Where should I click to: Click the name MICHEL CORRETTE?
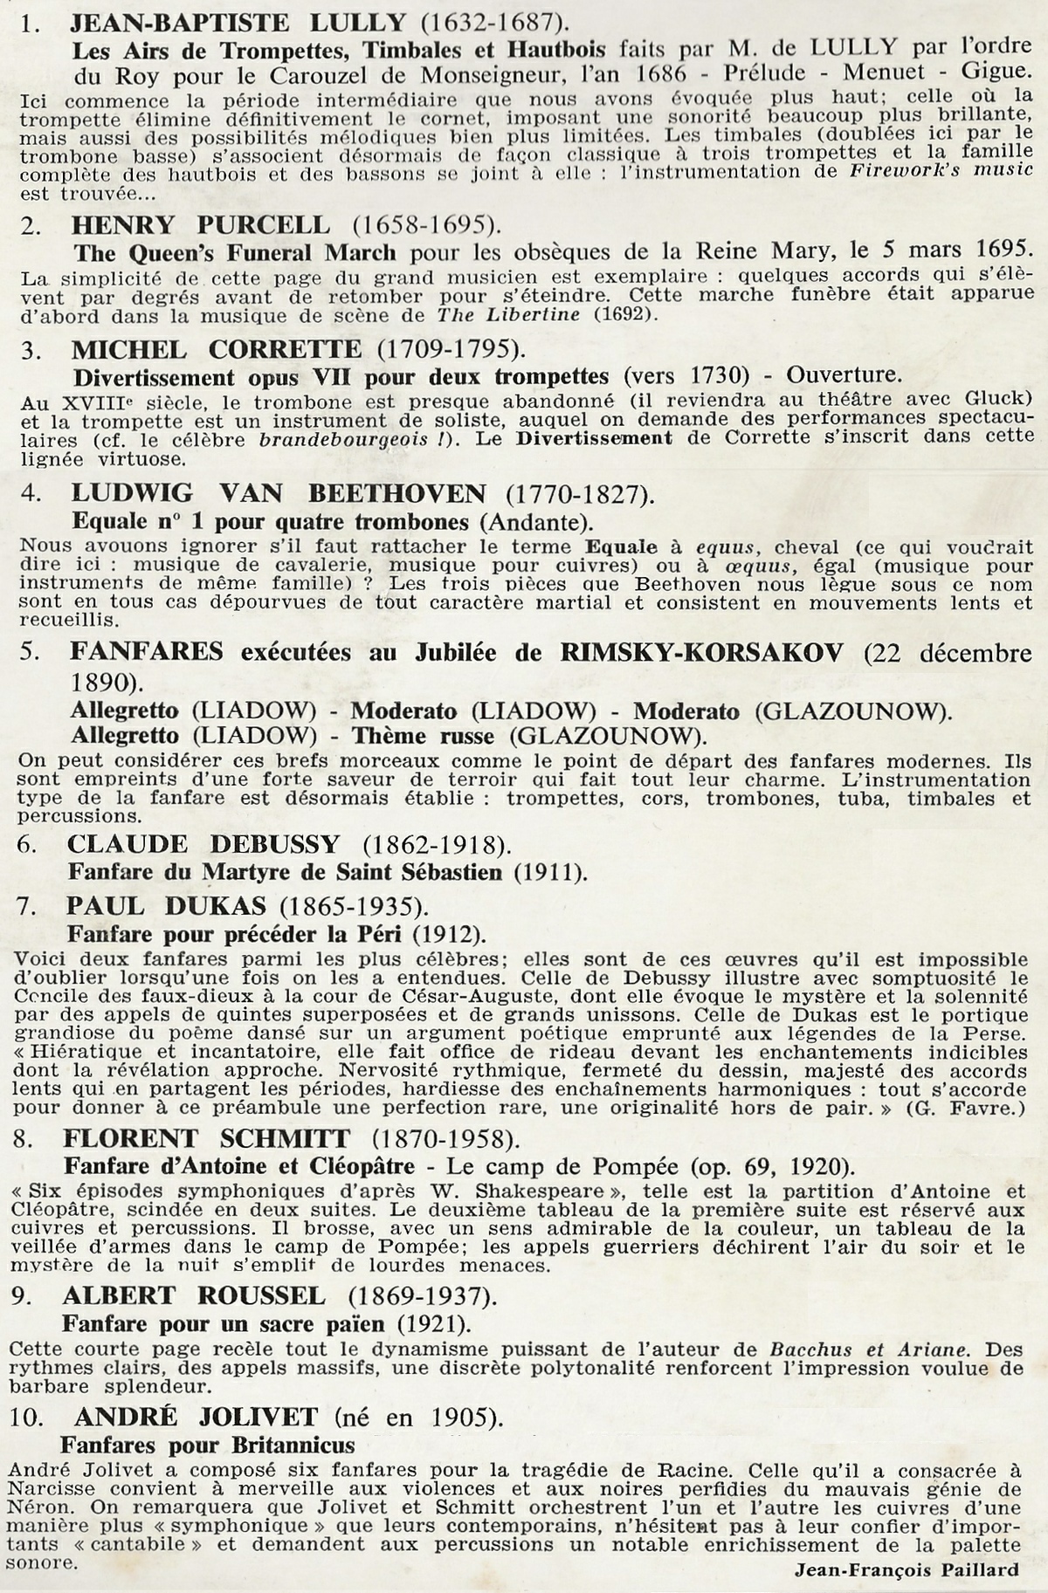(x=216, y=350)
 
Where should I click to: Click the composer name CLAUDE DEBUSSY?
(x=203, y=844)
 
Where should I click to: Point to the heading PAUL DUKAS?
(x=166, y=905)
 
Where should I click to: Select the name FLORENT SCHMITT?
(x=206, y=1138)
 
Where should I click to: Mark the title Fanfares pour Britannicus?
(x=207, y=1444)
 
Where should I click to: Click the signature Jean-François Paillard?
(x=907, y=1569)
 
